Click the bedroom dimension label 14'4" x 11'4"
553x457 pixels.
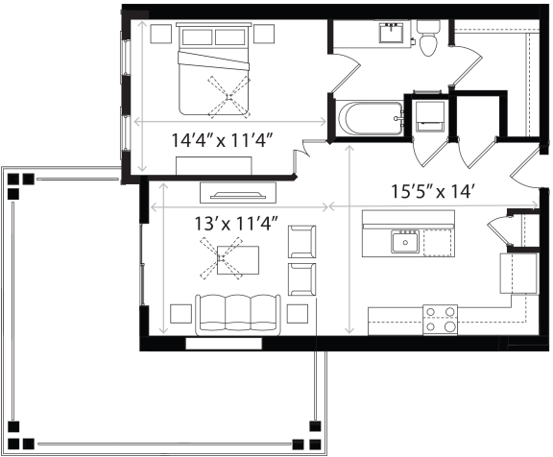coord(223,141)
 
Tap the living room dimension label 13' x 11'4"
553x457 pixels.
coord(236,223)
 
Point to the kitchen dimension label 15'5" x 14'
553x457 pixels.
coord(432,191)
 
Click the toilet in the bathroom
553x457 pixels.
coord(428,37)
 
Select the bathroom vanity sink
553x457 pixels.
coord(391,32)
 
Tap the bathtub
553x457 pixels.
coord(370,118)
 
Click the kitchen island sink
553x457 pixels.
coord(405,242)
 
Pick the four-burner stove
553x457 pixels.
coord(440,320)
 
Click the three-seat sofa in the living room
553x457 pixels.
coord(238,315)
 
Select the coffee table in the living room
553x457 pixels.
coord(238,260)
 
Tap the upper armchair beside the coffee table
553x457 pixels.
coord(301,242)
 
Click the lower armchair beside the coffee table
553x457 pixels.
coord(301,279)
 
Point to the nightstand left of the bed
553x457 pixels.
coord(161,34)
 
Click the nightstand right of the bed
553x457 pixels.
coord(264,34)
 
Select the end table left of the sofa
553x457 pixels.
coord(180,314)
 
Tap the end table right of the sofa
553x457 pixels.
coord(298,314)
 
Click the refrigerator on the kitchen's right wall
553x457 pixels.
coord(519,274)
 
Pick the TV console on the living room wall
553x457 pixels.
coord(238,193)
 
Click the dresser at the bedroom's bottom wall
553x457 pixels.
coord(214,166)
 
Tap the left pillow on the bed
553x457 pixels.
coord(197,37)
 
